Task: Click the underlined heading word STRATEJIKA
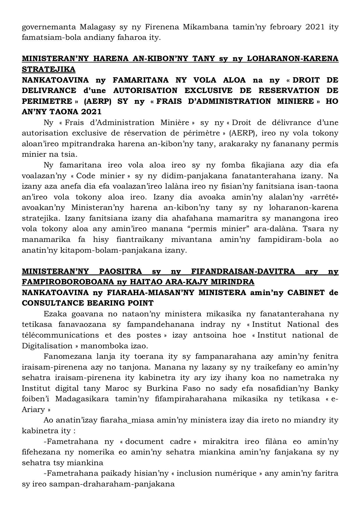pyautogui.click(x=49, y=69)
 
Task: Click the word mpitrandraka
pyautogui.click(x=87, y=144)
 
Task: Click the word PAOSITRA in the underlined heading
pyautogui.click(x=121, y=271)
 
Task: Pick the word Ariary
pyautogui.click(x=33, y=409)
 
